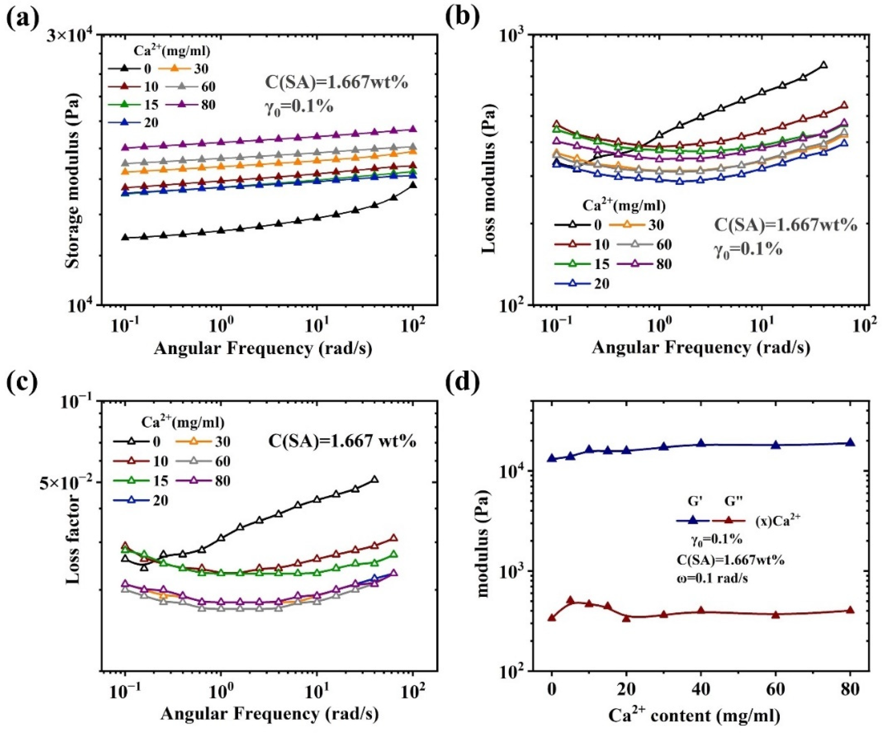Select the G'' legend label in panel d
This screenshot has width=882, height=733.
(734, 501)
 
